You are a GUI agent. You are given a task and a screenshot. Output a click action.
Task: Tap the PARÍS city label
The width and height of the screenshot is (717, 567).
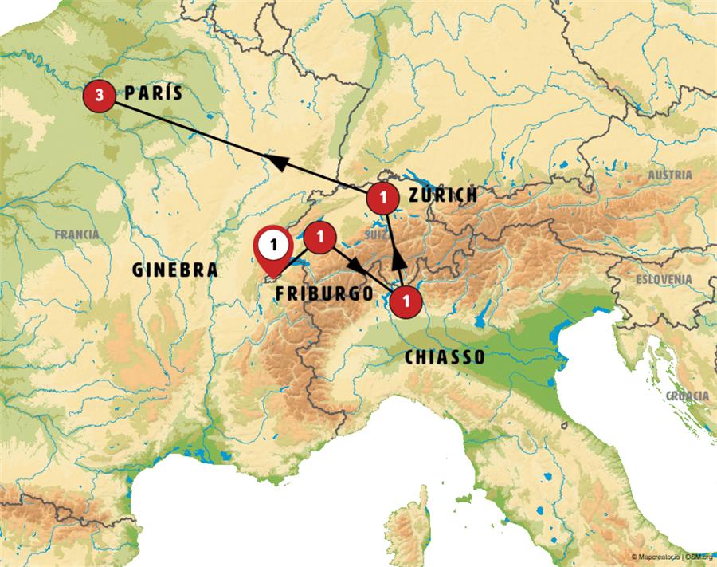point(154,93)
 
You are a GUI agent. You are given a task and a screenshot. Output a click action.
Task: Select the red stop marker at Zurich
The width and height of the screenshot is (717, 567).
point(384,195)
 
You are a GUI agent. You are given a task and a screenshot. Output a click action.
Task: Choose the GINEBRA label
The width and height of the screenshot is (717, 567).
point(175,270)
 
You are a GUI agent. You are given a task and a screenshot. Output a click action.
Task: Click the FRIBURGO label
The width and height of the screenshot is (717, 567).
point(324,293)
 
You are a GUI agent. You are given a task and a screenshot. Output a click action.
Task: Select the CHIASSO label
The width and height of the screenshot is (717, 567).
point(445,357)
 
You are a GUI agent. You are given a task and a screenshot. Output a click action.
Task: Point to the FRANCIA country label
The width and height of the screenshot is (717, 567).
point(77,234)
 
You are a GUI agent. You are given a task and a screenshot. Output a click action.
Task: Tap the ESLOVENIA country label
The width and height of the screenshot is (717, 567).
point(664,279)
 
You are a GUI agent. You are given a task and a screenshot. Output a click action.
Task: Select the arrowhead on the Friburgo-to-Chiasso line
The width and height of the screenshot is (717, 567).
point(353,262)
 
